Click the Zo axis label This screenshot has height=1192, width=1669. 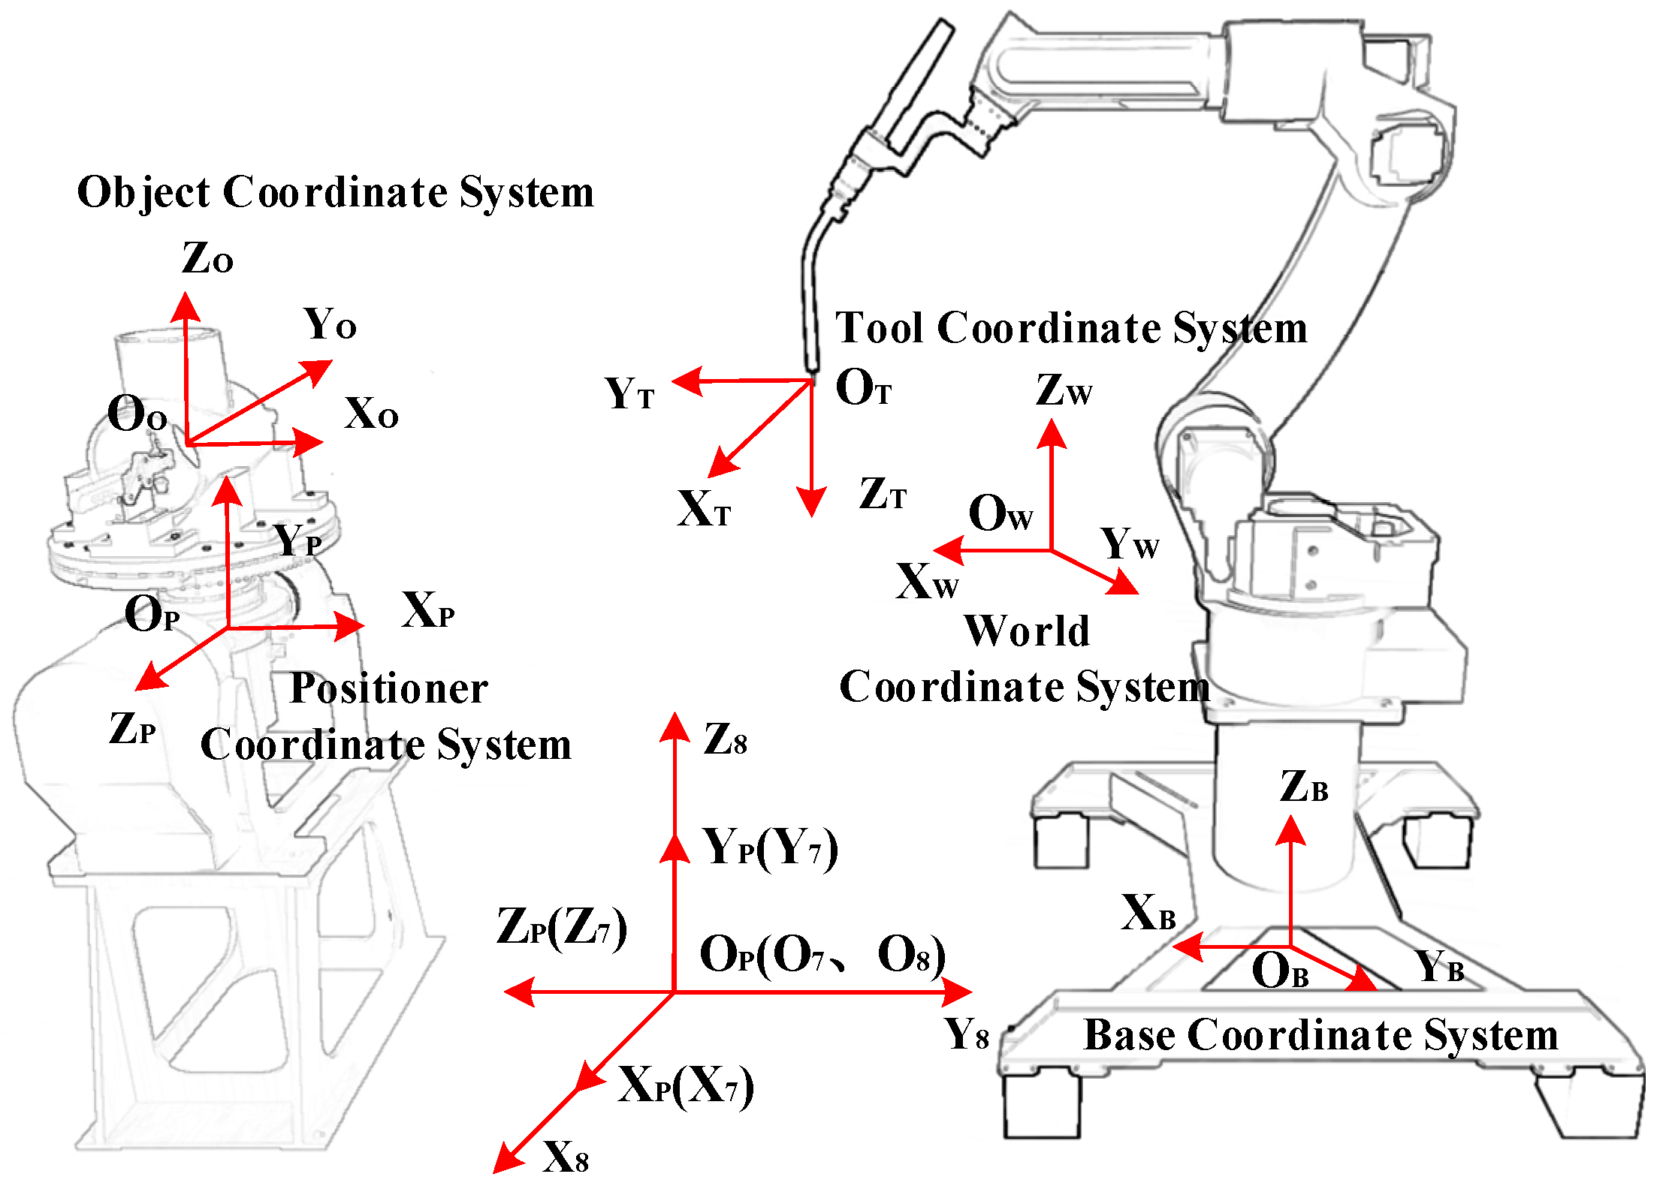pos(207,258)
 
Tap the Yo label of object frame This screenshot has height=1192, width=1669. pos(329,324)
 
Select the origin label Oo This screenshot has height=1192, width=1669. pos(137,414)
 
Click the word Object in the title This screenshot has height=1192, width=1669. pos(143,193)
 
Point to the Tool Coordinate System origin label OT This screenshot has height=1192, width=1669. pos(862,388)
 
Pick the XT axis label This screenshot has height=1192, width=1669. pos(703,510)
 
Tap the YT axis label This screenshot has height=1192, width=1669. pos(629,393)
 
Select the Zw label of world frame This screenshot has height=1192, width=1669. pos(1063,390)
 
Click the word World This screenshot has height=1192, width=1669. pos(1027,631)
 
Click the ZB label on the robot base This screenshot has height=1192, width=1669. pos(1304,787)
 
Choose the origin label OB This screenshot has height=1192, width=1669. pos(1280,971)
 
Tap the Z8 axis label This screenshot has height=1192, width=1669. pos(725,739)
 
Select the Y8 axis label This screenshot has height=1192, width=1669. pos(967,1035)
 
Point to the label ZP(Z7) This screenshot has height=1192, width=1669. pos(561,928)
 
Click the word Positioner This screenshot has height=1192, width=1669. pos(388,688)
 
